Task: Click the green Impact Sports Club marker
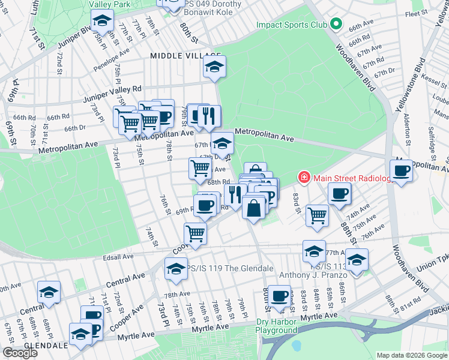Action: pos(336,25)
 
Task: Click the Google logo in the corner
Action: pos(20,352)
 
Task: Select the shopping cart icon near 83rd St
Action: pos(316,215)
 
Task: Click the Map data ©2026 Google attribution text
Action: pos(412,355)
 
